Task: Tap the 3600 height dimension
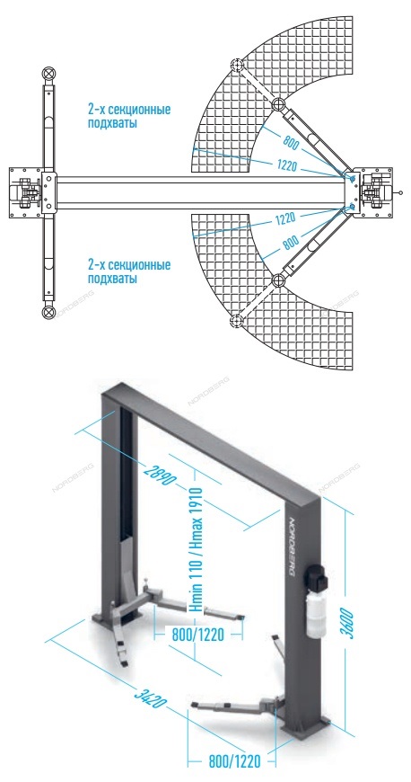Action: click(x=349, y=622)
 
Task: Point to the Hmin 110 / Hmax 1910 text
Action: click(x=195, y=550)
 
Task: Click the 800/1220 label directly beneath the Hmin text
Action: click(x=197, y=635)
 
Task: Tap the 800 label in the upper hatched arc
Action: click(x=292, y=143)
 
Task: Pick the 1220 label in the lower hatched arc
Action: click(x=285, y=218)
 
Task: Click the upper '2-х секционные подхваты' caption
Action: click(x=129, y=116)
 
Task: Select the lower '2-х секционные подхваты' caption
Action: click(x=129, y=271)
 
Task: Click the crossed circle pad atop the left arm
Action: click(x=48, y=74)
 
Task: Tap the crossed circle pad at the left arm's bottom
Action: click(x=48, y=313)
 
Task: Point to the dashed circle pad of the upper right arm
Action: click(x=237, y=66)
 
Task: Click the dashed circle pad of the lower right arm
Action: click(x=237, y=320)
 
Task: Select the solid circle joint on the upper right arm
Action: click(x=278, y=104)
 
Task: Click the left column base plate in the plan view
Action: click(x=25, y=192)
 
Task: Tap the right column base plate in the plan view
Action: click(x=376, y=192)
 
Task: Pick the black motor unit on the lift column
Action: click(x=317, y=576)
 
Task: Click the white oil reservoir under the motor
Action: click(x=316, y=613)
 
